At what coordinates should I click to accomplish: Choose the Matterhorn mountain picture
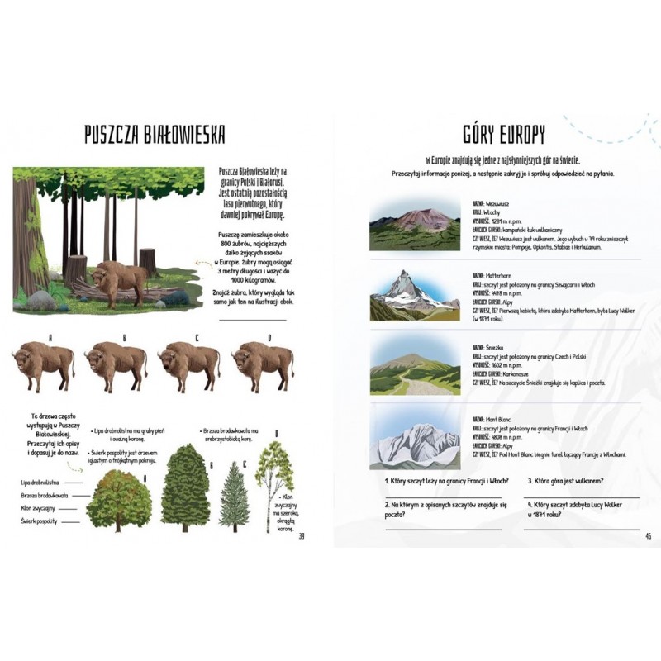pos(413,294)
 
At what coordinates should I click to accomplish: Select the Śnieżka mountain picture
pos(413,364)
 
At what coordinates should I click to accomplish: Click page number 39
pos(302,536)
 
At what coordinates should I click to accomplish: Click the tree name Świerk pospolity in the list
pos(39,521)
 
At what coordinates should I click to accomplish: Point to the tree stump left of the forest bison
pos(77,269)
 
